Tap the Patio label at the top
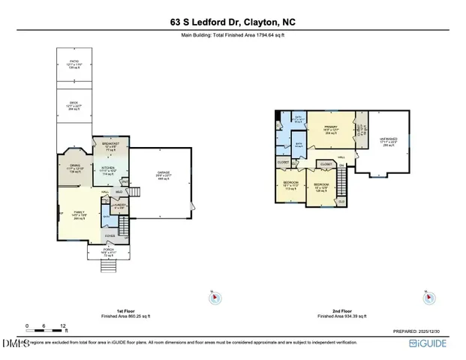pos(74,62)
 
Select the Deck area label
pos(74,106)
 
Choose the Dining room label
pos(74,167)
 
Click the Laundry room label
pos(119,205)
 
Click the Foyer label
pos(110,235)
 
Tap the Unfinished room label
pos(388,142)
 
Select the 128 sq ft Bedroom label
pos(322,187)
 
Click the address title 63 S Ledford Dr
pos(233,22)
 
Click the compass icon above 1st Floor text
pos(215,298)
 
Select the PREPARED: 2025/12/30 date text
pos(422,331)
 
